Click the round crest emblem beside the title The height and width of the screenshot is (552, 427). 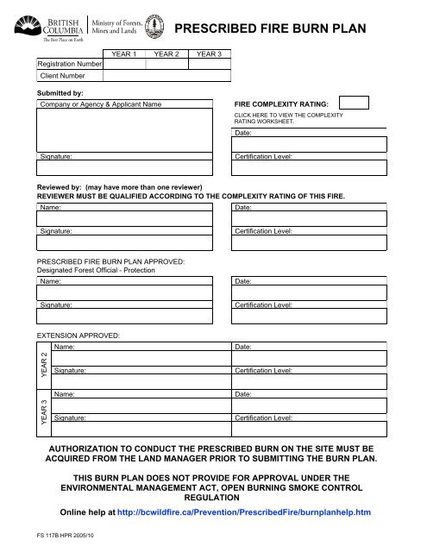[x=154, y=27]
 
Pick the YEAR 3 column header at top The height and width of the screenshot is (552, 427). [x=209, y=55]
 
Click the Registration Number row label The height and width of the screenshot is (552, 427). [x=69, y=64]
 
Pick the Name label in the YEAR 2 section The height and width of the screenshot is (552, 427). [x=63, y=347]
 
